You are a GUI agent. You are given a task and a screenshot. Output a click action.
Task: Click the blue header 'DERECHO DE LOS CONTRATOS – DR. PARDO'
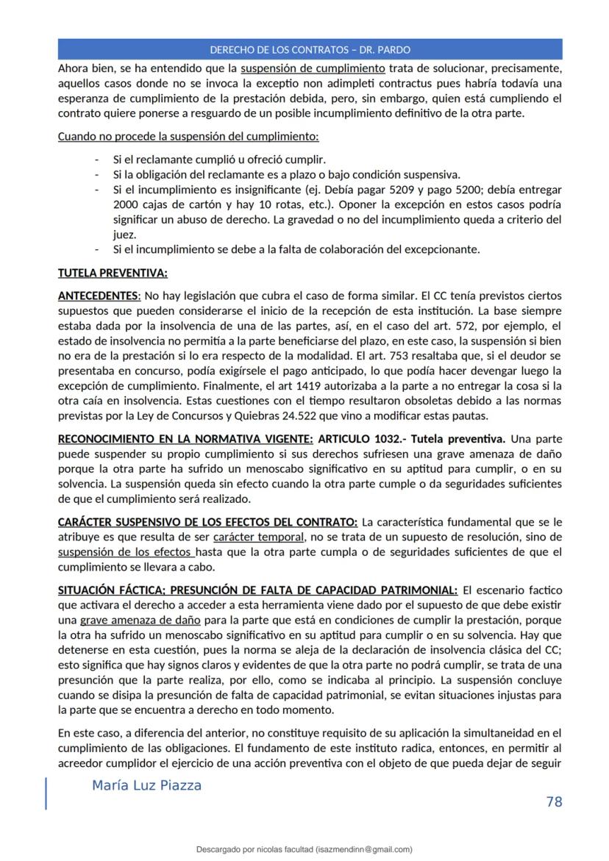pos(310,49)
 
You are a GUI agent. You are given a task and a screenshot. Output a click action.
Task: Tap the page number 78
pos(554,801)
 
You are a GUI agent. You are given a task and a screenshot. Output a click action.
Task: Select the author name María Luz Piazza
pos(146,785)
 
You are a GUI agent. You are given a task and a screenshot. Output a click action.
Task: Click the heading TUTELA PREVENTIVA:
pos(113,274)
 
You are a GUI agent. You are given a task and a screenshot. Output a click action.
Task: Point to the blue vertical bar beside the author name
pos(47,793)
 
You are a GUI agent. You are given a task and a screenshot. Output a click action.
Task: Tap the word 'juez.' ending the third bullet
pos(124,234)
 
